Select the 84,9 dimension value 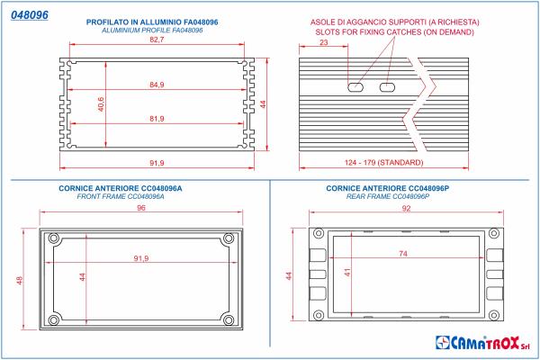coord(157,85)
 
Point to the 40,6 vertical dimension coord(102,105)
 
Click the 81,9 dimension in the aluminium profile coord(157,119)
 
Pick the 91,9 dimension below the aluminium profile coord(157,162)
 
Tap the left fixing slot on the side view coord(355,88)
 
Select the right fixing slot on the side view coord(388,88)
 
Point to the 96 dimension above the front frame coord(140,209)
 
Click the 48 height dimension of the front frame coord(20,280)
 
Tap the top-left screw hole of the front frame coord(53,238)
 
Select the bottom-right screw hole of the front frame coord(228,319)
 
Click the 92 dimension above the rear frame coord(406,209)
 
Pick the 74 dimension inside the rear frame coord(402,255)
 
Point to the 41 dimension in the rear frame coord(346,272)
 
